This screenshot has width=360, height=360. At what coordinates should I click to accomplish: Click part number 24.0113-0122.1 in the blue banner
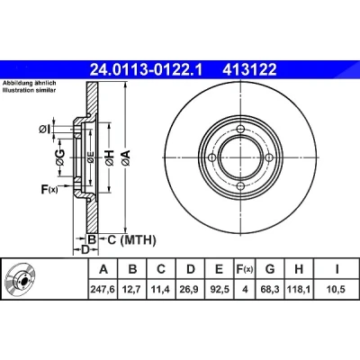147,70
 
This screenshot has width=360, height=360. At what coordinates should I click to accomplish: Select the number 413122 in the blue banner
249,70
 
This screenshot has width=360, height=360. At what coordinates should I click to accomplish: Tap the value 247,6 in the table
103,290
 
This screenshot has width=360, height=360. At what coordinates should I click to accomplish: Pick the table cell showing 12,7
132,290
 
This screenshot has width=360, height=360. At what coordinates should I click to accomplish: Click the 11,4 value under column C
161,290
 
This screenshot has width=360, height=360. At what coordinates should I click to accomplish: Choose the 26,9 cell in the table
190,290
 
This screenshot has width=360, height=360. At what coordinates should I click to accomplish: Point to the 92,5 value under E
220,290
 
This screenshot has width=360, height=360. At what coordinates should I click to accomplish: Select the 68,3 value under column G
270,290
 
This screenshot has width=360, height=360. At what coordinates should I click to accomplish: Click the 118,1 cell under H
299,290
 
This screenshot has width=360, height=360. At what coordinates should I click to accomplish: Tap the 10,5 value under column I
337,290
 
